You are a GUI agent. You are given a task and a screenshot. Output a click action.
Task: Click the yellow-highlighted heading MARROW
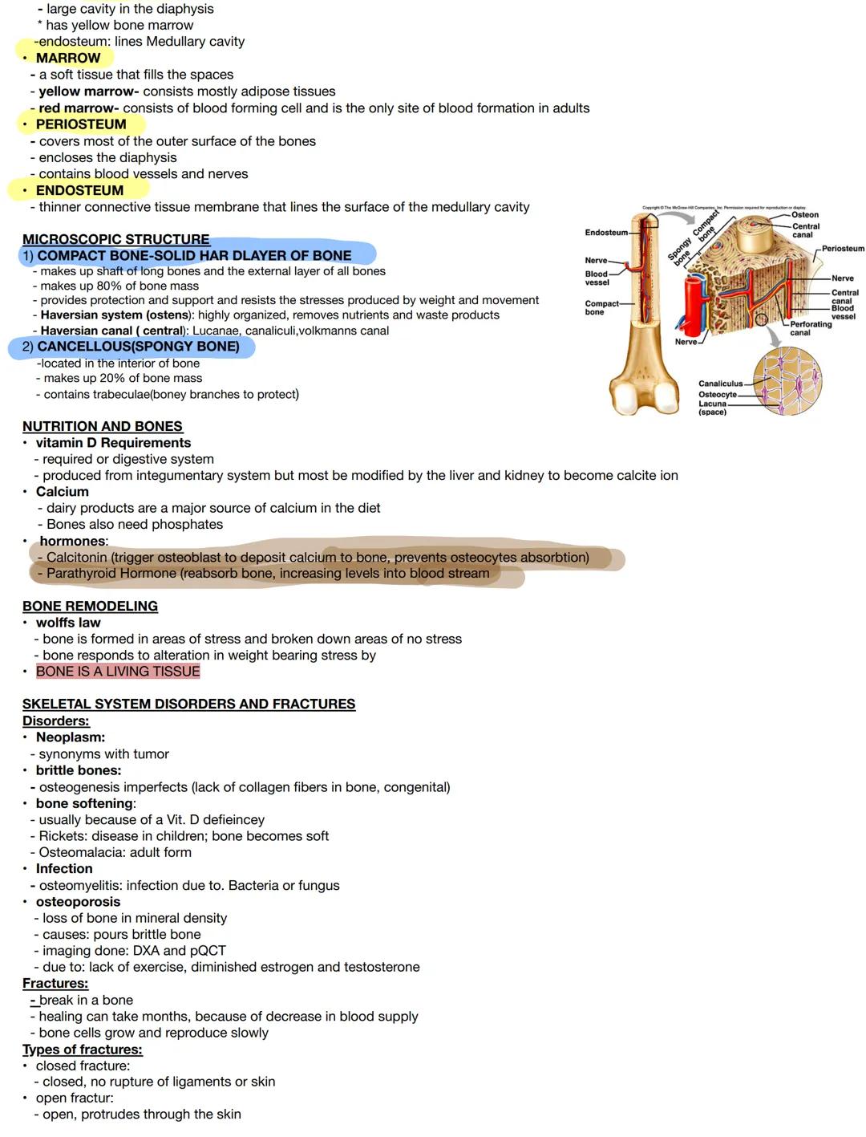(x=68, y=58)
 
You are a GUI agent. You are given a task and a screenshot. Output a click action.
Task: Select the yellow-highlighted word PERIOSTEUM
(x=81, y=124)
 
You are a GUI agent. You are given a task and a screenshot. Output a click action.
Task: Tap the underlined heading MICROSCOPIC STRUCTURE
(x=115, y=239)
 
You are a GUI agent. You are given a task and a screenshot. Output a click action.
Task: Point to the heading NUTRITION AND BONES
(x=103, y=426)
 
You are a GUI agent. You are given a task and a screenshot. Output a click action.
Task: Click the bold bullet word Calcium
(x=62, y=492)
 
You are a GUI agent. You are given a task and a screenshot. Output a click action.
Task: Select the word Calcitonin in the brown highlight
(x=77, y=557)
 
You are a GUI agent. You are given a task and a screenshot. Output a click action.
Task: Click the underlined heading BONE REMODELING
(x=90, y=606)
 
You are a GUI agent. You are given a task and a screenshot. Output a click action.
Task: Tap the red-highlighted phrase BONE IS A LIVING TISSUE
(x=118, y=672)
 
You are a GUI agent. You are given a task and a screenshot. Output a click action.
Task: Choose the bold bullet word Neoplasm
(x=71, y=737)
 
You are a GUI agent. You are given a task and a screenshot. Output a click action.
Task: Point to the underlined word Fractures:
(x=55, y=984)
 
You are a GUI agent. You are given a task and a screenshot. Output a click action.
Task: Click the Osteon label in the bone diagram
(x=805, y=215)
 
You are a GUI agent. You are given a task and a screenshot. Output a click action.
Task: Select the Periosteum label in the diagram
(x=843, y=249)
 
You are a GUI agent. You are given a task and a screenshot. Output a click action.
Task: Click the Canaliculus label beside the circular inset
(x=720, y=384)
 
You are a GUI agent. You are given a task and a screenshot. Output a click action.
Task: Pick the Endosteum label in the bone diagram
(x=606, y=233)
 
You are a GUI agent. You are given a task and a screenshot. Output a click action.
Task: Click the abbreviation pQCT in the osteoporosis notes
(x=208, y=951)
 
